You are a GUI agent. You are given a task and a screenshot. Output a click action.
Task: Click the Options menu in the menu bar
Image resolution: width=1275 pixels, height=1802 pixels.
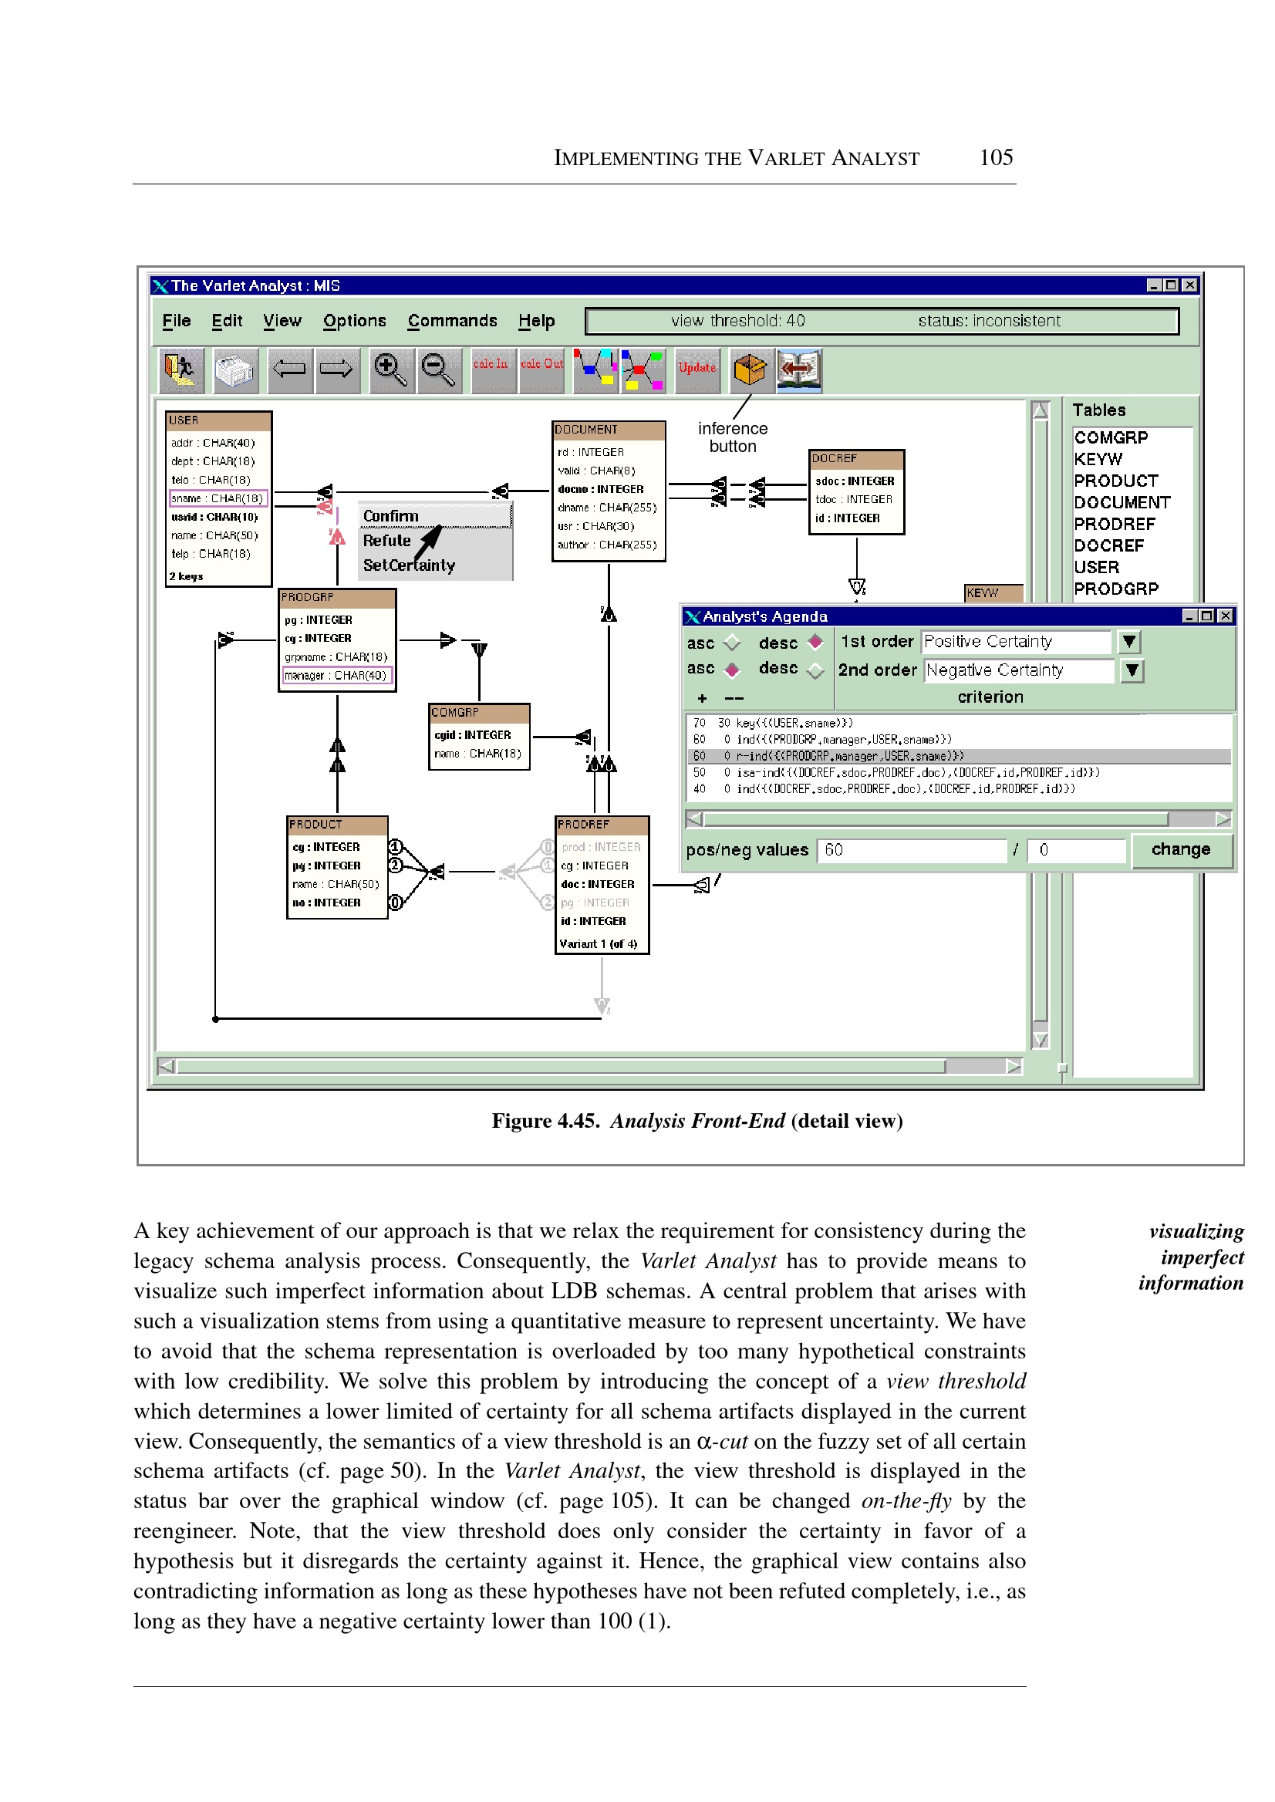(x=354, y=320)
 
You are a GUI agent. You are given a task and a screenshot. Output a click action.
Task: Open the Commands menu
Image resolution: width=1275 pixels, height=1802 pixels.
(x=452, y=320)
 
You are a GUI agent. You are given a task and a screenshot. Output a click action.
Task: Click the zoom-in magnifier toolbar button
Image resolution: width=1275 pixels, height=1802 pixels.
(x=390, y=369)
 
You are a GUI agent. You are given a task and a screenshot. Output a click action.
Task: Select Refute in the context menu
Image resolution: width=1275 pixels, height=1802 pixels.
(x=387, y=541)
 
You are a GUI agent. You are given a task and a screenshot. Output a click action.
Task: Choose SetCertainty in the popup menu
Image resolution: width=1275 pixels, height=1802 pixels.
(x=408, y=565)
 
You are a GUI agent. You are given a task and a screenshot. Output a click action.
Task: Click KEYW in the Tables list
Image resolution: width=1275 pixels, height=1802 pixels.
(x=1098, y=459)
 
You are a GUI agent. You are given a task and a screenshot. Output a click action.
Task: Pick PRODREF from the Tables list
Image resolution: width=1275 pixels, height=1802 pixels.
(x=1114, y=524)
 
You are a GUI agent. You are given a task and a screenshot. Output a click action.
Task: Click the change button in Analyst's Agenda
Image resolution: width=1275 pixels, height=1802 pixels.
(x=1180, y=849)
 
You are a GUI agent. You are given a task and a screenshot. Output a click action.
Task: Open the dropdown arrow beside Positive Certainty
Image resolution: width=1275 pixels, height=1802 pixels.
(x=1129, y=642)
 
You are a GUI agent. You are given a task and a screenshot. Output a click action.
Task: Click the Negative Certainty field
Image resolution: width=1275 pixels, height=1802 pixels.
(x=1017, y=670)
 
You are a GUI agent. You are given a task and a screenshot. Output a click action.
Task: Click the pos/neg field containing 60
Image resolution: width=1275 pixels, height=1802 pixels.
(x=911, y=850)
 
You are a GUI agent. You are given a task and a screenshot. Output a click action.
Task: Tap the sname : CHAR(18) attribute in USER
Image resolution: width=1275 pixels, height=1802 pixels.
(x=218, y=498)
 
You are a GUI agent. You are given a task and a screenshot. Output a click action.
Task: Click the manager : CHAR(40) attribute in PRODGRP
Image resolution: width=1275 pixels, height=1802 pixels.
(x=336, y=675)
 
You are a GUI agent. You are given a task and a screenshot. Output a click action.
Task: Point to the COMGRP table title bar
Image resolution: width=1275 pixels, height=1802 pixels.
(x=479, y=712)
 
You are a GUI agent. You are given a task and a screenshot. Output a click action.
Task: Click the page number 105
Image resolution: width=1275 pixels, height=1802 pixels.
(x=996, y=158)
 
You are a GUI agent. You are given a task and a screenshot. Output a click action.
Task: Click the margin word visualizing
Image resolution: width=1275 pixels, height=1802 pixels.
(x=1196, y=1231)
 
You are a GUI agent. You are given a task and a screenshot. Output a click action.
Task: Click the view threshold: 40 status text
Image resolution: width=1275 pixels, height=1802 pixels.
(x=737, y=320)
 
